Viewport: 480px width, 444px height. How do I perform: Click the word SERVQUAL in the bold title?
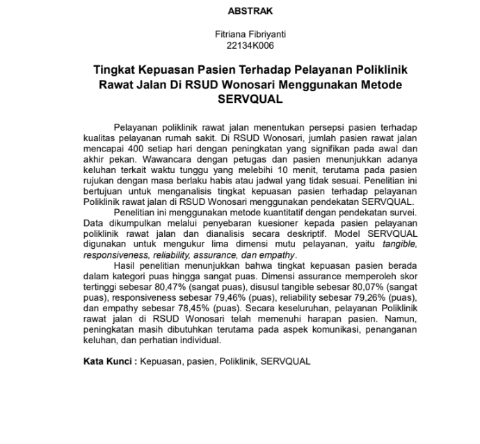(x=250, y=99)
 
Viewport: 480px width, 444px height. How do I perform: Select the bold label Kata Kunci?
(x=108, y=361)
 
